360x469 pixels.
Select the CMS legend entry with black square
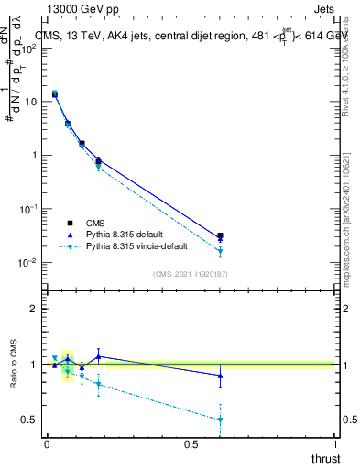tap(94, 222)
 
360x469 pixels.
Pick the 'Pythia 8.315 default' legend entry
tap(119, 234)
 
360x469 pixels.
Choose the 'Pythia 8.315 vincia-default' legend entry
tap(133, 247)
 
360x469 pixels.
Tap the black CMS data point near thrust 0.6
tap(220, 235)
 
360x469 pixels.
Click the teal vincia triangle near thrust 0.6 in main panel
tap(220, 252)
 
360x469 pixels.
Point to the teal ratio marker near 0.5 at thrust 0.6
tap(220, 420)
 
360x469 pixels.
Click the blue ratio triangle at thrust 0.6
tap(220, 375)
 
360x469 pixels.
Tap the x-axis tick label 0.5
tap(191, 444)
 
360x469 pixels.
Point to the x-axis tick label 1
tap(335, 444)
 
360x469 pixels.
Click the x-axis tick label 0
tap(47, 444)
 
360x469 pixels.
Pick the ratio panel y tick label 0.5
tap(31, 420)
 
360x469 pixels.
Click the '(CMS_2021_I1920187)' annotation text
tap(191, 274)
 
